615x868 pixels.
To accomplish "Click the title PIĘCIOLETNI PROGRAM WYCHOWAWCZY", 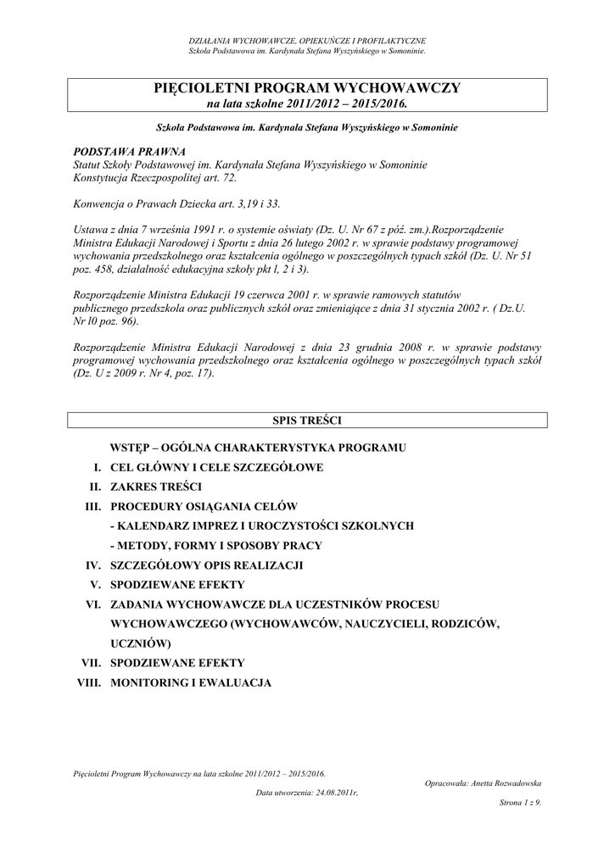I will pos(307,88).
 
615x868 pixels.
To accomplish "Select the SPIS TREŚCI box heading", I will pos(307,420).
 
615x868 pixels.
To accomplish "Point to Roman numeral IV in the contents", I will pos(92,565).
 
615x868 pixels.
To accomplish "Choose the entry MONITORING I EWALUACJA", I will pos(191,682).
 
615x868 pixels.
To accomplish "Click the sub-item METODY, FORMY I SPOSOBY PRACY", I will pos(215,546).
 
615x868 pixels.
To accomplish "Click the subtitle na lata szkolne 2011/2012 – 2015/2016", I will pos(307,103).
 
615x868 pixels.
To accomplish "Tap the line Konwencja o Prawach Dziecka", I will pos(177,205).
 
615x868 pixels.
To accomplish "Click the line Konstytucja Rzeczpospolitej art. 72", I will pos(156,178).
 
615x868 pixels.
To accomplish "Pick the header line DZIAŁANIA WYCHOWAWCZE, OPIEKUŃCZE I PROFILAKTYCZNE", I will pos(307,41).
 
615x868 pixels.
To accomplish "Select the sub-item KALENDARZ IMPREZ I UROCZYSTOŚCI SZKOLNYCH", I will pos(262,526).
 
